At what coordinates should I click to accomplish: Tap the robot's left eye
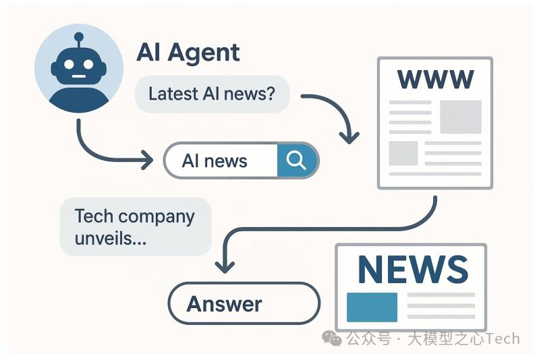(x=69, y=65)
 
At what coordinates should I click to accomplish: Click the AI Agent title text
(x=188, y=52)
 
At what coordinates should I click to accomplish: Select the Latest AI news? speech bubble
(x=212, y=94)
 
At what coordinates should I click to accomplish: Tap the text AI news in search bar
(x=215, y=161)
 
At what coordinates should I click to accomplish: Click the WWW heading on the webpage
(x=435, y=79)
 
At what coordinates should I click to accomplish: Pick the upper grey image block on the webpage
(x=461, y=116)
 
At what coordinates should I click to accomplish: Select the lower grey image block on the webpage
(x=403, y=153)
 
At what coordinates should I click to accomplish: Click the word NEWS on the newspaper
(x=412, y=269)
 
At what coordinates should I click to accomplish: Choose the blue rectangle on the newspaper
(x=372, y=307)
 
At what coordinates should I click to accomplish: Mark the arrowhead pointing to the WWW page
(x=349, y=138)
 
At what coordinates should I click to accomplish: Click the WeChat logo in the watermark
(x=331, y=338)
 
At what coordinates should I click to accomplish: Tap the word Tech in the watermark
(x=503, y=338)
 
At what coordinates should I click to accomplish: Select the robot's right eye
(x=88, y=65)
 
